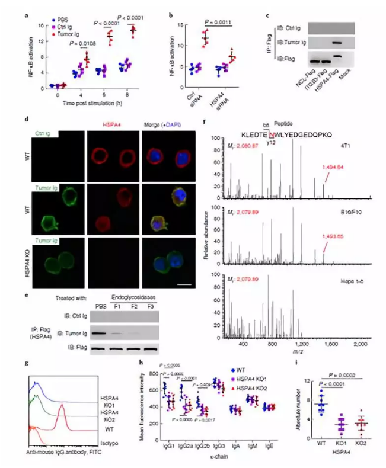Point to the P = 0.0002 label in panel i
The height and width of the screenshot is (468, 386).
pyautogui.click(x=342, y=377)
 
